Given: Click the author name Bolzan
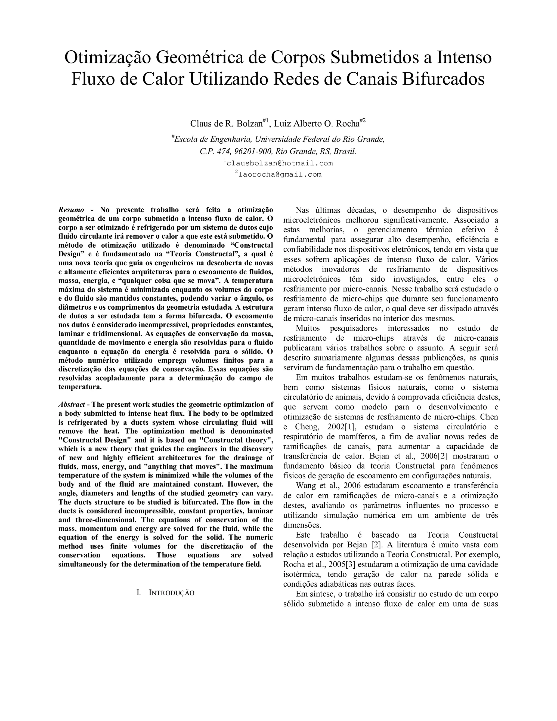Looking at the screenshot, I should pos(249,124).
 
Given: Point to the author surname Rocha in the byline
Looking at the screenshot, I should pos(348,124).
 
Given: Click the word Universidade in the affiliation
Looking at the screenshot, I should pos(274,139).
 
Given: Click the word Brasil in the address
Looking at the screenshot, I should pos(345,152).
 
